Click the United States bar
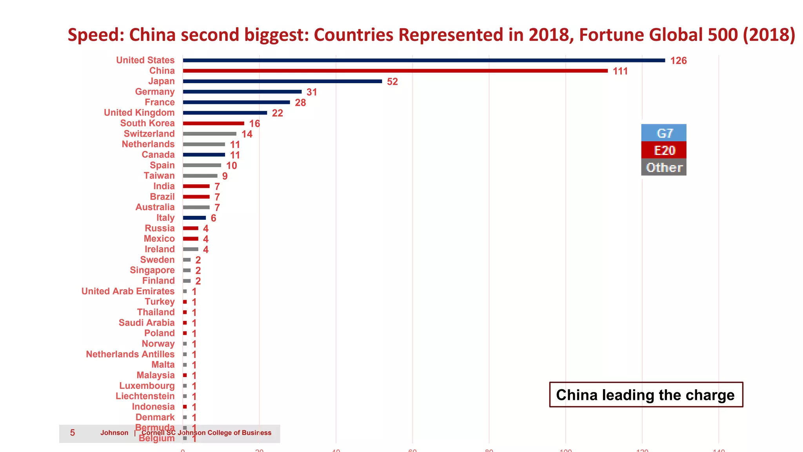pos(423,60)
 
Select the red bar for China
pos(395,71)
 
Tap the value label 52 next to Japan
pos(392,82)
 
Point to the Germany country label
pos(154,92)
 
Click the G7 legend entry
pos(664,133)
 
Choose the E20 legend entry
pos(664,150)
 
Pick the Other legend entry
pos(664,168)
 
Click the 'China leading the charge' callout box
pos(645,395)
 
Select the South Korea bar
pos(213,123)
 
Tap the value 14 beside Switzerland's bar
pos(247,134)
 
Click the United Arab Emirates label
pos(128,291)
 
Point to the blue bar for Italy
pos(194,218)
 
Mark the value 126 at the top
pos(678,61)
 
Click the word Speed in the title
pos(96,35)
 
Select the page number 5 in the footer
pos(73,433)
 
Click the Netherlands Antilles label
pos(130,354)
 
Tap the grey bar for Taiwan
pos(200,176)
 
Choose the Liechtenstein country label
pos(145,396)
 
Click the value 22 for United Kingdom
pos(277,113)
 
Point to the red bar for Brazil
pos(196,197)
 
